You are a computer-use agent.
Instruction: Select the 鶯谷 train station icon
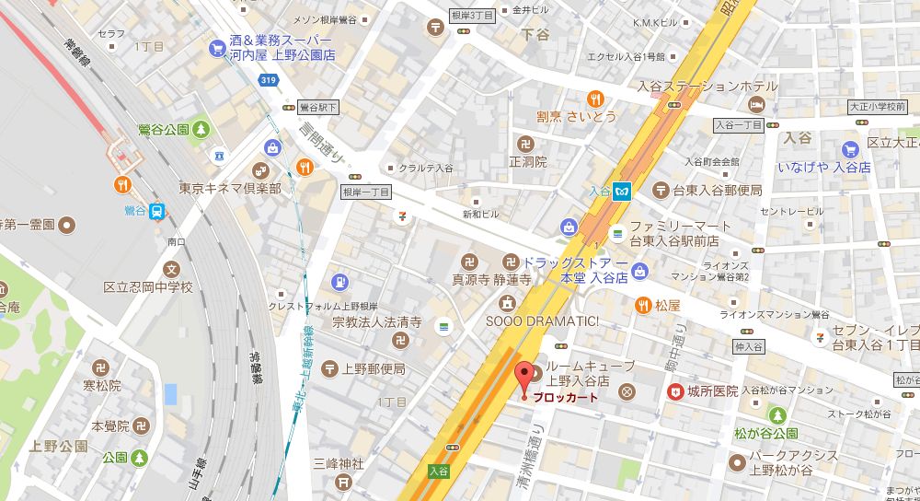tap(157, 211)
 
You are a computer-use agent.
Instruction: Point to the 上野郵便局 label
tap(374, 368)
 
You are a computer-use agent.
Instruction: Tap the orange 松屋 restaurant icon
tap(642, 302)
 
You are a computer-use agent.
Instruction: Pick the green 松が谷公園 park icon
tap(778, 415)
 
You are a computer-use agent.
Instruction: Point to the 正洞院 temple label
tap(527, 161)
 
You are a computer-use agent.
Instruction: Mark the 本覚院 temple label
tap(109, 426)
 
